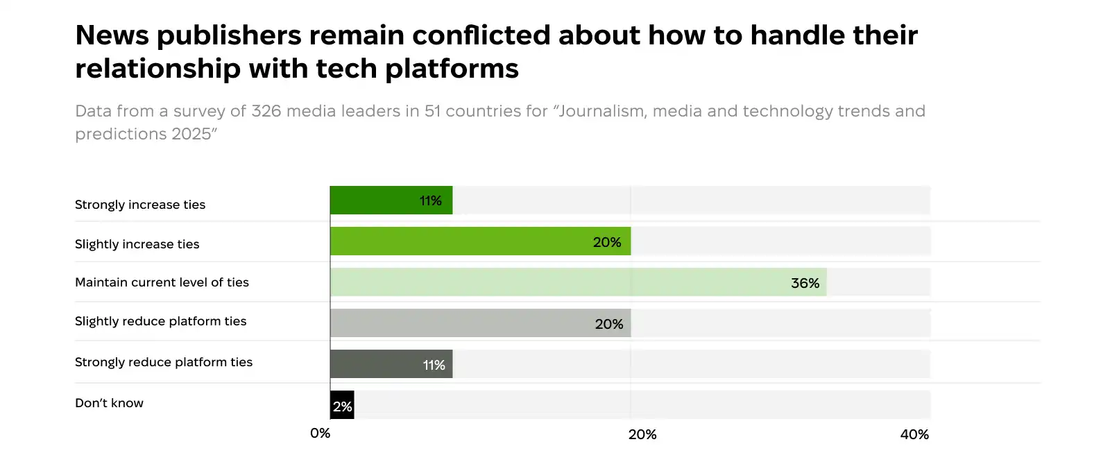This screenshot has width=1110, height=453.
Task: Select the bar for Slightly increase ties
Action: pos(458,241)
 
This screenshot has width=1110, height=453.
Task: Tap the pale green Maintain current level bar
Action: pos(555,282)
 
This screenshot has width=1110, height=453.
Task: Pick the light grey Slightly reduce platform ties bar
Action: pos(458,323)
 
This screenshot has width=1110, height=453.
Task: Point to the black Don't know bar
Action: pos(342,405)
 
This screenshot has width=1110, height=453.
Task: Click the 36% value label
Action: pos(805,283)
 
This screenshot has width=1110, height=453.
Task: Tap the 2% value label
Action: pos(342,407)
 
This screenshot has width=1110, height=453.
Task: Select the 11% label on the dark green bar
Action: pos(430,200)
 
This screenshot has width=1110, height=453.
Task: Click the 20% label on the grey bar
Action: pos(608,324)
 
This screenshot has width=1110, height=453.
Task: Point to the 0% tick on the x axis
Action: pos(320,434)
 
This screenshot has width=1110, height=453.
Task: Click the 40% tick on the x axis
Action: pos(914,434)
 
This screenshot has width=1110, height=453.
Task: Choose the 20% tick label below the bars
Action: pos(642,434)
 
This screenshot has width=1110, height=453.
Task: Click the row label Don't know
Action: pos(109,403)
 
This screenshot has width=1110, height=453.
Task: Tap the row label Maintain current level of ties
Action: pos(162,282)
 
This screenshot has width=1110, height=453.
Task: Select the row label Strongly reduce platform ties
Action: pos(164,362)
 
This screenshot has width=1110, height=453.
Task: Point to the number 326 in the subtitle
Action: pos(266,111)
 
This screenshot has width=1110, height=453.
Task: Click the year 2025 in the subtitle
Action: pos(191,134)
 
